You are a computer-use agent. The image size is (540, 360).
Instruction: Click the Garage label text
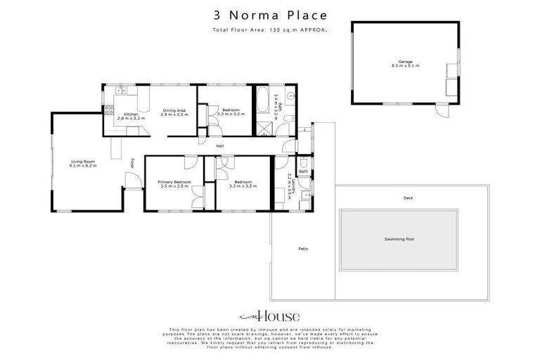405,62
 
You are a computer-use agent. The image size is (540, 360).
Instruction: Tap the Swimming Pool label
399,239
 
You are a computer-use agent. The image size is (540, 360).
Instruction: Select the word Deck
408,198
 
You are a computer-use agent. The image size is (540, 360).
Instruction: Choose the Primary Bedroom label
174,182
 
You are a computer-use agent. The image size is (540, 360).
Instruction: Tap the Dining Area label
174,110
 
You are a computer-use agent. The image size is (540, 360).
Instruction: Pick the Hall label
220,146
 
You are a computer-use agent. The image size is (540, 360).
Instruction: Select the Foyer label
131,162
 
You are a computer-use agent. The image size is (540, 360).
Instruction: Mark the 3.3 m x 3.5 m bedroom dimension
243,186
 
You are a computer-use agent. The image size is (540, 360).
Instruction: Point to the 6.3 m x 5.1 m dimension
405,66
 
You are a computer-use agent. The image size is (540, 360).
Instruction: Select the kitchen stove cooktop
109,109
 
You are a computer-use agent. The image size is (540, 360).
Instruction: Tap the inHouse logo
270,316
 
